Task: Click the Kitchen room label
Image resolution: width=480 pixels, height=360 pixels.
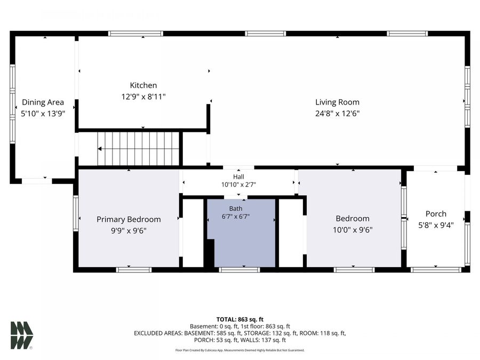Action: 143,85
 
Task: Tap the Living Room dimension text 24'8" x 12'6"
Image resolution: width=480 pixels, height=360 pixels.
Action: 338,114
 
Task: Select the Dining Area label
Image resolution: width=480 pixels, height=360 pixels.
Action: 43,102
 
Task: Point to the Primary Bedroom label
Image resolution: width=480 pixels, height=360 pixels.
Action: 129,220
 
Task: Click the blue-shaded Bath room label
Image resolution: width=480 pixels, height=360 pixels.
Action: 236,209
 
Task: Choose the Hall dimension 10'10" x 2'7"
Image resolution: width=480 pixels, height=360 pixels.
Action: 238,185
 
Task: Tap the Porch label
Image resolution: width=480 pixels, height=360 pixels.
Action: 436,214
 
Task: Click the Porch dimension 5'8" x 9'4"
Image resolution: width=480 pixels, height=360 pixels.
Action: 436,225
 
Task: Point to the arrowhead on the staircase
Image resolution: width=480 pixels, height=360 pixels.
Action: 100,149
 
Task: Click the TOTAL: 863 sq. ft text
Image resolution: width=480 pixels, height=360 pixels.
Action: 240,319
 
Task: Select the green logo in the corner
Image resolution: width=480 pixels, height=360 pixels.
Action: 22,335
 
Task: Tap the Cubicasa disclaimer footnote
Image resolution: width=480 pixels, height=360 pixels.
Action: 240,350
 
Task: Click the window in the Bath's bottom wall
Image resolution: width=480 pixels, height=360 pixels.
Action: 239,270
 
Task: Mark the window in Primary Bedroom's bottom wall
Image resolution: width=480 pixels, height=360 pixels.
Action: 134,270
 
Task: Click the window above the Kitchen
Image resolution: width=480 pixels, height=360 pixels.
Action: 135,34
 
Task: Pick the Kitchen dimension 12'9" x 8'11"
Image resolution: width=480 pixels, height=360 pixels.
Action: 143,97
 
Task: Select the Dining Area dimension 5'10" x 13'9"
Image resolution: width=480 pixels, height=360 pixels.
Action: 43,114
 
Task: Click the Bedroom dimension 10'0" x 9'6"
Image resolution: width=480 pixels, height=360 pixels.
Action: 353,230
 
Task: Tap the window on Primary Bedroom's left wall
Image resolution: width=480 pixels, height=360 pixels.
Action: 76,213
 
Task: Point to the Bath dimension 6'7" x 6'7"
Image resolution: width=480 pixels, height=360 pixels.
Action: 236,217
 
